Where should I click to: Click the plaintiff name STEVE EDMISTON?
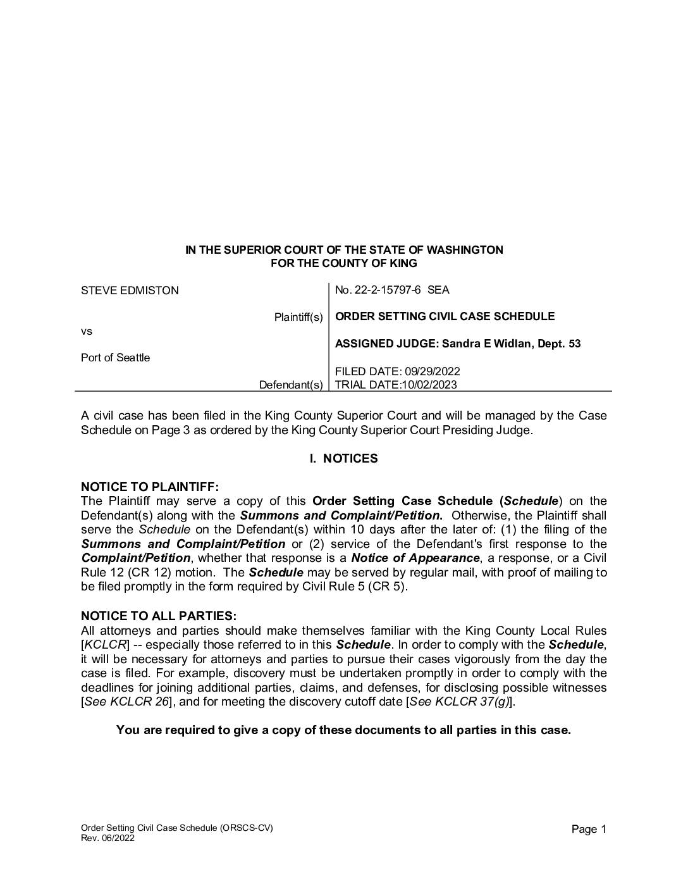pyautogui.click(x=130, y=290)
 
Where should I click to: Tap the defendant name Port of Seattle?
pyautogui.click(x=115, y=358)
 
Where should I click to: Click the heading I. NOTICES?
pyautogui.click(x=343, y=458)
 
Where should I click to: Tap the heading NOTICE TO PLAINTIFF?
pyautogui.click(x=150, y=487)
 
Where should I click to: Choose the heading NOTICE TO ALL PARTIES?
pyautogui.click(x=159, y=616)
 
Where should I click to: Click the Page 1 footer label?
pyautogui.click(x=589, y=829)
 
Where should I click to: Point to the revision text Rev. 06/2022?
pyautogui.click(x=107, y=838)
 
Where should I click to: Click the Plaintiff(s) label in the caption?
pyautogui.click(x=298, y=316)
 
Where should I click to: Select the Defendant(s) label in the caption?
pyautogui.click(x=291, y=385)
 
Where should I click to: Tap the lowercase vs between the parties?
pyautogui.click(x=87, y=331)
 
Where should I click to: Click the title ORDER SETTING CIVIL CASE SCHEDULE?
pyautogui.click(x=445, y=316)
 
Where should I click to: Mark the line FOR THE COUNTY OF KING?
pyautogui.click(x=343, y=263)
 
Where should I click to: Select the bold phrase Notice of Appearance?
pyautogui.click(x=415, y=558)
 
